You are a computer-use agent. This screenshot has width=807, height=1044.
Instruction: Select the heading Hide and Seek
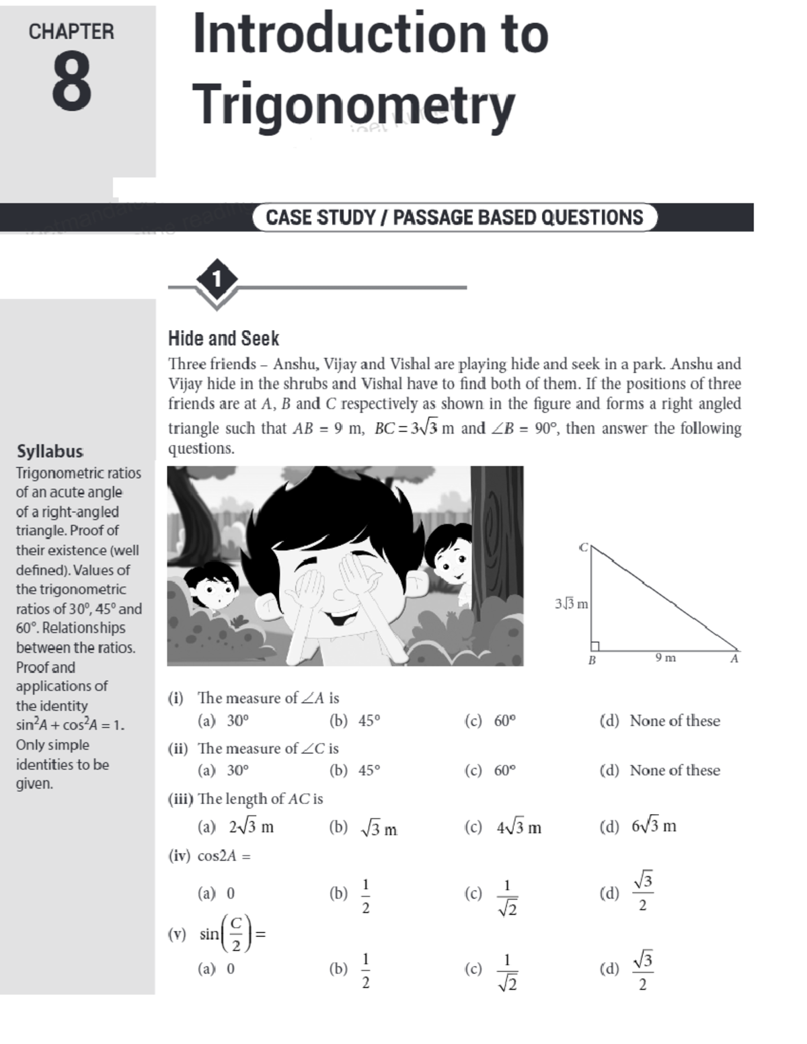[223, 338]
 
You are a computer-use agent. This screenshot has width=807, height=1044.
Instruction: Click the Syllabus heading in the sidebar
[50, 451]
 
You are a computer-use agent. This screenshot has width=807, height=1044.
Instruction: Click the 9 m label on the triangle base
[665, 658]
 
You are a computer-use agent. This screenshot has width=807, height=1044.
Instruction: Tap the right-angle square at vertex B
[594, 646]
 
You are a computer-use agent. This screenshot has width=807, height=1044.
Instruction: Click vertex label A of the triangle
[734, 659]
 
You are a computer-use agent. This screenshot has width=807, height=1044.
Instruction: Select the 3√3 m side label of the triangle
[571, 604]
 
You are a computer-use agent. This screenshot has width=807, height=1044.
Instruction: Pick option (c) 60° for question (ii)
[490, 770]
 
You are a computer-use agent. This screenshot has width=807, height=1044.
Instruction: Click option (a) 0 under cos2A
[217, 893]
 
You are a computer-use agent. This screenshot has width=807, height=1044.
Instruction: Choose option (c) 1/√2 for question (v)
[492, 969]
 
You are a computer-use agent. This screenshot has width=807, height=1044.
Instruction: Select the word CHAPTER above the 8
[71, 32]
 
